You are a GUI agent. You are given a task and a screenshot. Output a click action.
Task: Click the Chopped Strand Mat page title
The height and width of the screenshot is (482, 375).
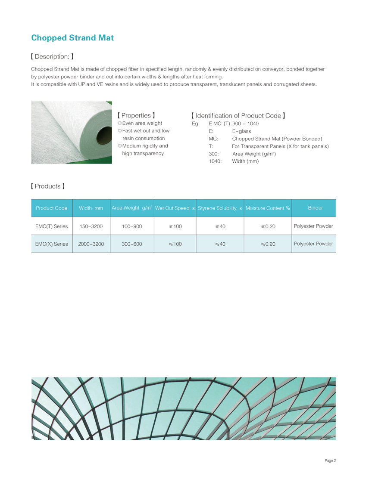72,38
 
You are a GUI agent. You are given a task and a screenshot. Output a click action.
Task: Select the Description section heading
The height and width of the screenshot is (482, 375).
52,56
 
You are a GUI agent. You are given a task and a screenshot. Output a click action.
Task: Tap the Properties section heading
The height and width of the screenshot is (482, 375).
136,115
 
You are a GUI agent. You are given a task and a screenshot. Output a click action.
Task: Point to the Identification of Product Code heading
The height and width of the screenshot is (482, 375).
238,115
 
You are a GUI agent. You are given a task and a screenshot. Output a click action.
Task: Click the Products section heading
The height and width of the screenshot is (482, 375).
48,186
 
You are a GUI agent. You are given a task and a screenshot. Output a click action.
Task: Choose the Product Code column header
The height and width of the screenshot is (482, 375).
52,208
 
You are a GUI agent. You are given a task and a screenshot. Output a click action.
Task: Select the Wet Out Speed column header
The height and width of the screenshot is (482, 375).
175,208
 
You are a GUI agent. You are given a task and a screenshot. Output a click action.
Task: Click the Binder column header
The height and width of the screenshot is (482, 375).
315,208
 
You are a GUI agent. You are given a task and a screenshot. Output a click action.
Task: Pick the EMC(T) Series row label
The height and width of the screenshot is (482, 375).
52,226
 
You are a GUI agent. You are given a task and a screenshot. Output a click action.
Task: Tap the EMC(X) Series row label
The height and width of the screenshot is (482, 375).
52,244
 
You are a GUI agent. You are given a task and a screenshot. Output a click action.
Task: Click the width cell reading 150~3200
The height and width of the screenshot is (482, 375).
91,226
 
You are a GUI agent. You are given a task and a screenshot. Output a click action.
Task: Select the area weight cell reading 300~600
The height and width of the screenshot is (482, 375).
132,244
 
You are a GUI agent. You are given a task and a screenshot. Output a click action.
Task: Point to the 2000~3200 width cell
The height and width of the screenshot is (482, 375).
91,244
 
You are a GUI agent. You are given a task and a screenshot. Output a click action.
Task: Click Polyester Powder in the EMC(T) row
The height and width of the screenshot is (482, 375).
313,226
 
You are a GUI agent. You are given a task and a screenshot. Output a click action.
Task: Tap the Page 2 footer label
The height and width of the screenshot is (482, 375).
330,460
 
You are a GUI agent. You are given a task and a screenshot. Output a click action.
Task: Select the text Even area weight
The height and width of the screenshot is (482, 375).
142,124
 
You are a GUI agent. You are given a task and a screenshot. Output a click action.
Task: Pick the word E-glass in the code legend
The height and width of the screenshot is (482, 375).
241,131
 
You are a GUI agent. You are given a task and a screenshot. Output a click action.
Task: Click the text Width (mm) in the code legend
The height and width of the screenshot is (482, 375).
245,161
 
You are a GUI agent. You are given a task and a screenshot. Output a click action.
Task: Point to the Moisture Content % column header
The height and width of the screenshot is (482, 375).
268,208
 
